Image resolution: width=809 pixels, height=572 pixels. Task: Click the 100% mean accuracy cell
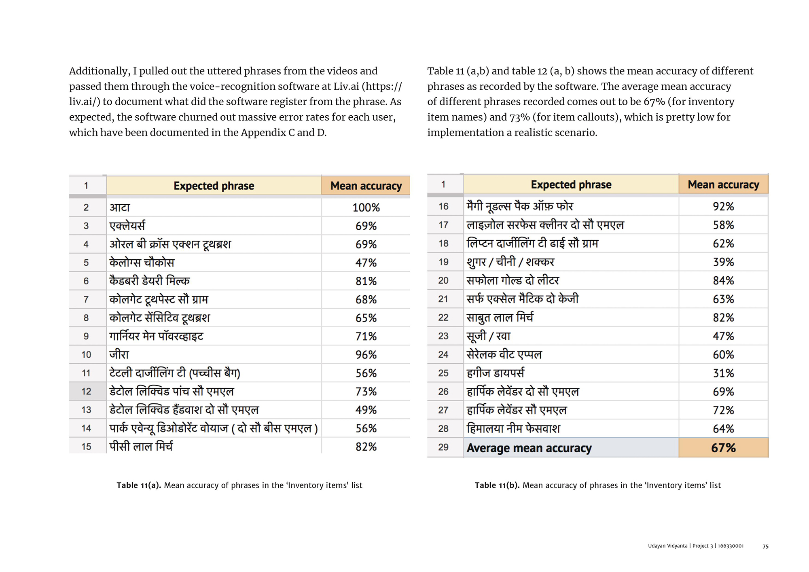pyautogui.click(x=366, y=208)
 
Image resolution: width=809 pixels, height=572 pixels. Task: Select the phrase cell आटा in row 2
pyautogui.click(x=120, y=208)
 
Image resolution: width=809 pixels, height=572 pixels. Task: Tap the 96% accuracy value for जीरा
pyautogui.click(x=366, y=355)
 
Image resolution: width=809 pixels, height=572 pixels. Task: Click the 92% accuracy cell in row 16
pyautogui.click(x=723, y=206)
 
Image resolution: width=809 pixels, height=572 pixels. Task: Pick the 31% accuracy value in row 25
pyautogui.click(x=723, y=373)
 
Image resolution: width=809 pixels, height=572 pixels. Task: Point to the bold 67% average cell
pyautogui.click(x=723, y=448)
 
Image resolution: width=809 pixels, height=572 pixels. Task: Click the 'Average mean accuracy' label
pyautogui.click(x=529, y=448)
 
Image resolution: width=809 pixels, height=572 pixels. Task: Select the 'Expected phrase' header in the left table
pyautogui.click(x=214, y=186)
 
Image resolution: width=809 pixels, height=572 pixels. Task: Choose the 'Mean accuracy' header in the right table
pyautogui.click(x=723, y=184)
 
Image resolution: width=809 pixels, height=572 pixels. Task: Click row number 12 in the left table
pyautogui.click(x=86, y=392)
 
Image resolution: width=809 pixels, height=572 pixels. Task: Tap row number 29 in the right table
pyautogui.click(x=443, y=447)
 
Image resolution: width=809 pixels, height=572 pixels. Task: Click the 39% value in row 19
pyautogui.click(x=723, y=262)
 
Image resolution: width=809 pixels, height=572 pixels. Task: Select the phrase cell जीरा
pyautogui.click(x=119, y=355)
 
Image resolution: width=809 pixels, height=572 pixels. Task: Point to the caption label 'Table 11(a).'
pyautogui.click(x=139, y=485)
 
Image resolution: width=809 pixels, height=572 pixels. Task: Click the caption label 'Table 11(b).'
pyautogui.click(x=497, y=485)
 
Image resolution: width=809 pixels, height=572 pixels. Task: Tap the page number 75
pyautogui.click(x=765, y=547)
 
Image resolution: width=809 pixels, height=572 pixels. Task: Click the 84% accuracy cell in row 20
pyautogui.click(x=723, y=281)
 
